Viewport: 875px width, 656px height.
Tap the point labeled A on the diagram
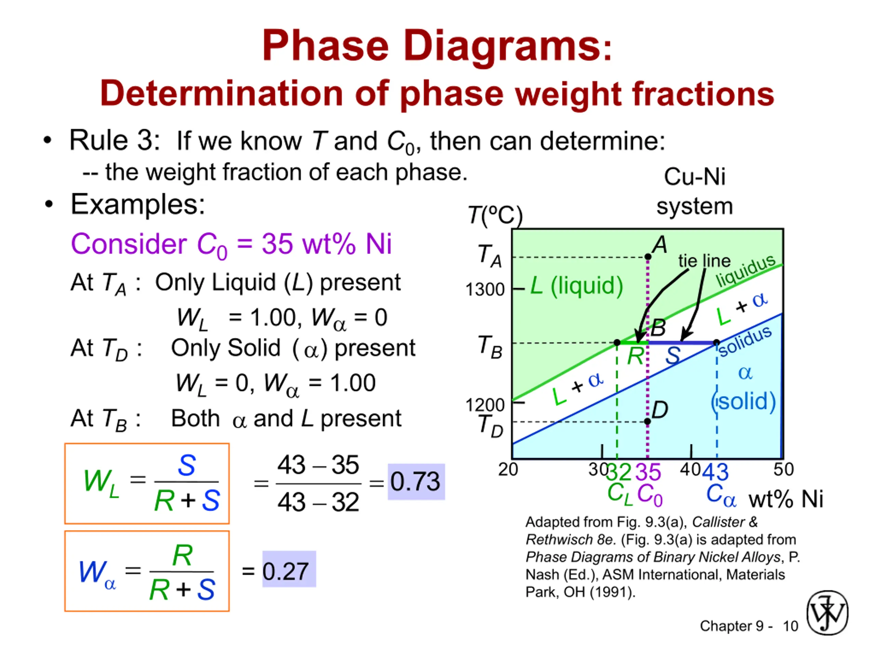coord(648,257)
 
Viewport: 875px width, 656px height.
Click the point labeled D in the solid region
coord(647,422)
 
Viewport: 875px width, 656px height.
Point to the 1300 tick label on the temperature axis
coord(485,289)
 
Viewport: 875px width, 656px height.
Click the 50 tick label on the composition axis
coord(784,469)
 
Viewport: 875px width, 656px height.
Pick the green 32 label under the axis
coord(619,472)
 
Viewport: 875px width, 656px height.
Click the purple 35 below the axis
coord(648,472)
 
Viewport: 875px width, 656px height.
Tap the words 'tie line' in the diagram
coord(704,261)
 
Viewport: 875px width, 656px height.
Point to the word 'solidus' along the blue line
coord(745,341)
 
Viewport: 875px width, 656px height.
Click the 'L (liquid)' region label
coord(576,286)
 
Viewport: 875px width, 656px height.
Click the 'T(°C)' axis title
coord(495,216)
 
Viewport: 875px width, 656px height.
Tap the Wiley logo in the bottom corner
coord(827,613)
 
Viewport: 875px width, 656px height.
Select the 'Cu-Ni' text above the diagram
coord(695,176)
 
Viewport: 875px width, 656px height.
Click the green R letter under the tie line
coord(635,356)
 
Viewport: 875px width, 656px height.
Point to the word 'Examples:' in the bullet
coord(138,204)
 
